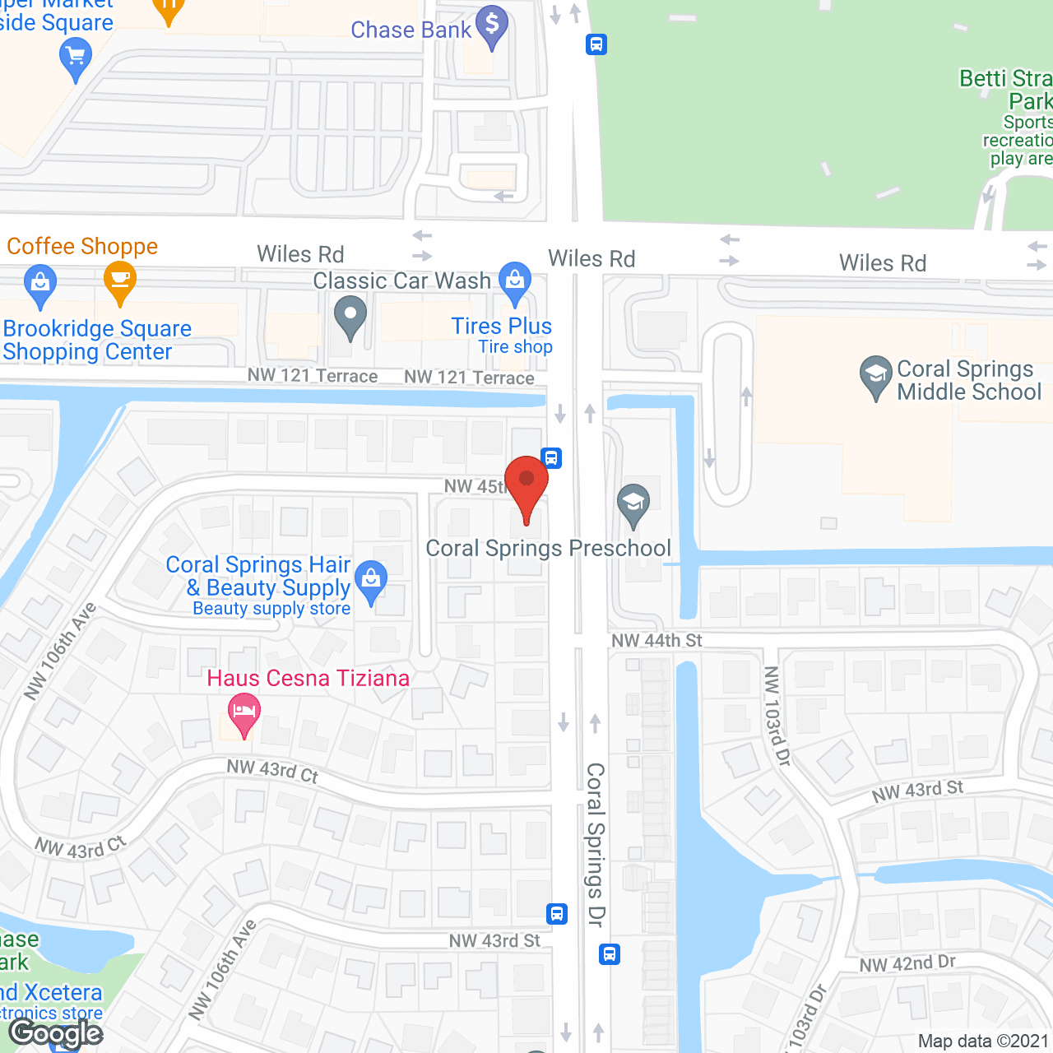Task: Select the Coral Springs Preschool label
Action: click(x=548, y=549)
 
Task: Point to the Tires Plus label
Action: click(x=501, y=327)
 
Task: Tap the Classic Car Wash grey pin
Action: click(x=350, y=317)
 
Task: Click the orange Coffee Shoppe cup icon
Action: click(x=120, y=282)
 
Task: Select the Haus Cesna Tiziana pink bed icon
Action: click(x=244, y=713)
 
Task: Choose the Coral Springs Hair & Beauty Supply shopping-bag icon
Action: click(x=371, y=580)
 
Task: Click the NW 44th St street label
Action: click(x=656, y=641)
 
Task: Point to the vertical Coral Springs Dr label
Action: click(x=596, y=844)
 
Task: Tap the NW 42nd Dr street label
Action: click(x=907, y=964)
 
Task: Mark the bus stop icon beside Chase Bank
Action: click(x=596, y=44)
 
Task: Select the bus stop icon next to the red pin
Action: click(x=552, y=458)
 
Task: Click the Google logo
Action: click(x=55, y=1033)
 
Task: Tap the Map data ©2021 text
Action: click(x=983, y=1041)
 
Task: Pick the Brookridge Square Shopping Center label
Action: click(x=97, y=341)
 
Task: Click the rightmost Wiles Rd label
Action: click(x=883, y=263)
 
